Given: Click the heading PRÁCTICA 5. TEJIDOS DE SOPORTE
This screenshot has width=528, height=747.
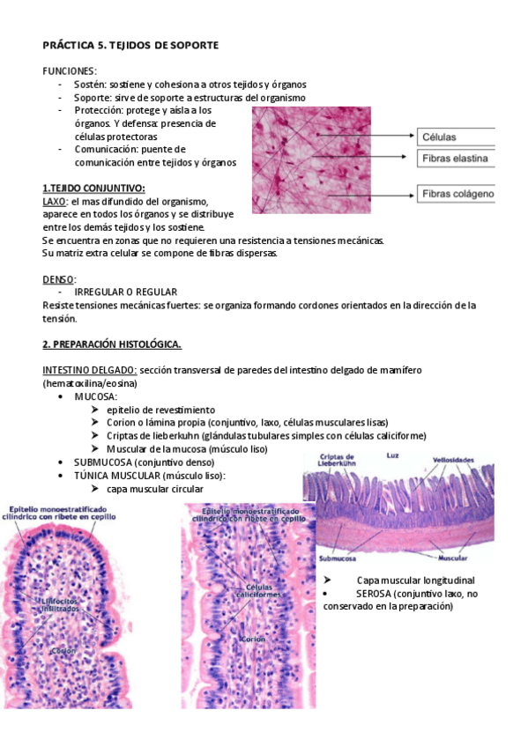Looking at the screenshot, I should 130,44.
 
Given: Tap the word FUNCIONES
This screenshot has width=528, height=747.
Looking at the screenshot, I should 70,70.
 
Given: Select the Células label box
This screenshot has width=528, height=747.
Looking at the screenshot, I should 455,137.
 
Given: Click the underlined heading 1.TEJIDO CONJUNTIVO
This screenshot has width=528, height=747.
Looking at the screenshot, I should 93,188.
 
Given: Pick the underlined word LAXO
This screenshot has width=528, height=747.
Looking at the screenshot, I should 54,201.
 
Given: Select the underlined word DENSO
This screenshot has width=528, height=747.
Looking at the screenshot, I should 58,278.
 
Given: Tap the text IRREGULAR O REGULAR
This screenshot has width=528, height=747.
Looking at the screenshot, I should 126,292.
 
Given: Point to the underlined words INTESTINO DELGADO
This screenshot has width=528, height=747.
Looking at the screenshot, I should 89,370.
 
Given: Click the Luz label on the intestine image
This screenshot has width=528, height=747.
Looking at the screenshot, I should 393,455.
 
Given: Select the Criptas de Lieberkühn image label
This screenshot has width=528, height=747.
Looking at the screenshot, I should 338,459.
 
